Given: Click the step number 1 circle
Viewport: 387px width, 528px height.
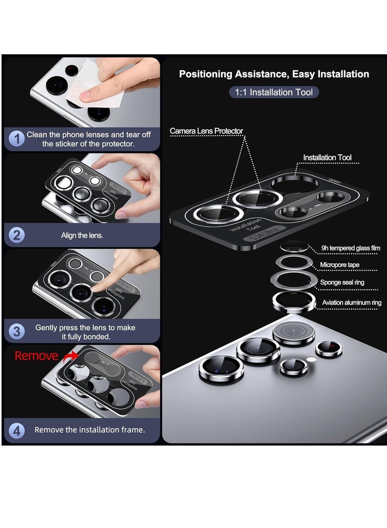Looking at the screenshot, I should (x=17, y=139).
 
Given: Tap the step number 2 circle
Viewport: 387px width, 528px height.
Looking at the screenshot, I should (x=17, y=235).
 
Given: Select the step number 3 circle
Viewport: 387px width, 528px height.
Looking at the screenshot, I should (x=17, y=332).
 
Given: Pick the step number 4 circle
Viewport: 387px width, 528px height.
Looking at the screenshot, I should (x=17, y=430).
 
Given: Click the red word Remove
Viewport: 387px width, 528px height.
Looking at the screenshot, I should (x=36, y=356).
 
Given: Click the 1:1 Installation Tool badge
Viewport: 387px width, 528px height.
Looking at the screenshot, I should (x=274, y=92).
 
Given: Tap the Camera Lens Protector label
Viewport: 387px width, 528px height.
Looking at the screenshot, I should (x=206, y=131).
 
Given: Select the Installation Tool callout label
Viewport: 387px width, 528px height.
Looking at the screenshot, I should (x=327, y=158).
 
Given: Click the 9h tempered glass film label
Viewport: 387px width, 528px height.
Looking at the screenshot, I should (x=351, y=248).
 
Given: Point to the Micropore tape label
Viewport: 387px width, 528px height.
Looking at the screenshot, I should (x=346, y=265).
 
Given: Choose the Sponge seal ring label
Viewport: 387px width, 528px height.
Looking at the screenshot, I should (x=349, y=282).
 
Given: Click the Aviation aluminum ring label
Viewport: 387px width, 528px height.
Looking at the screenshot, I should (x=352, y=303).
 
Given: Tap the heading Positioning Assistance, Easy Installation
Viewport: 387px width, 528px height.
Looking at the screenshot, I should (x=274, y=74).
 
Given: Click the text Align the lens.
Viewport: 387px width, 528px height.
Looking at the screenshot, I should (x=82, y=235).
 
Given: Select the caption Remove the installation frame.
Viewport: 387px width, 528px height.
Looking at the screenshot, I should (x=89, y=430).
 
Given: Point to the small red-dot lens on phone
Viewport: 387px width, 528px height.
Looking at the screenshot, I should (x=329, y=348).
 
